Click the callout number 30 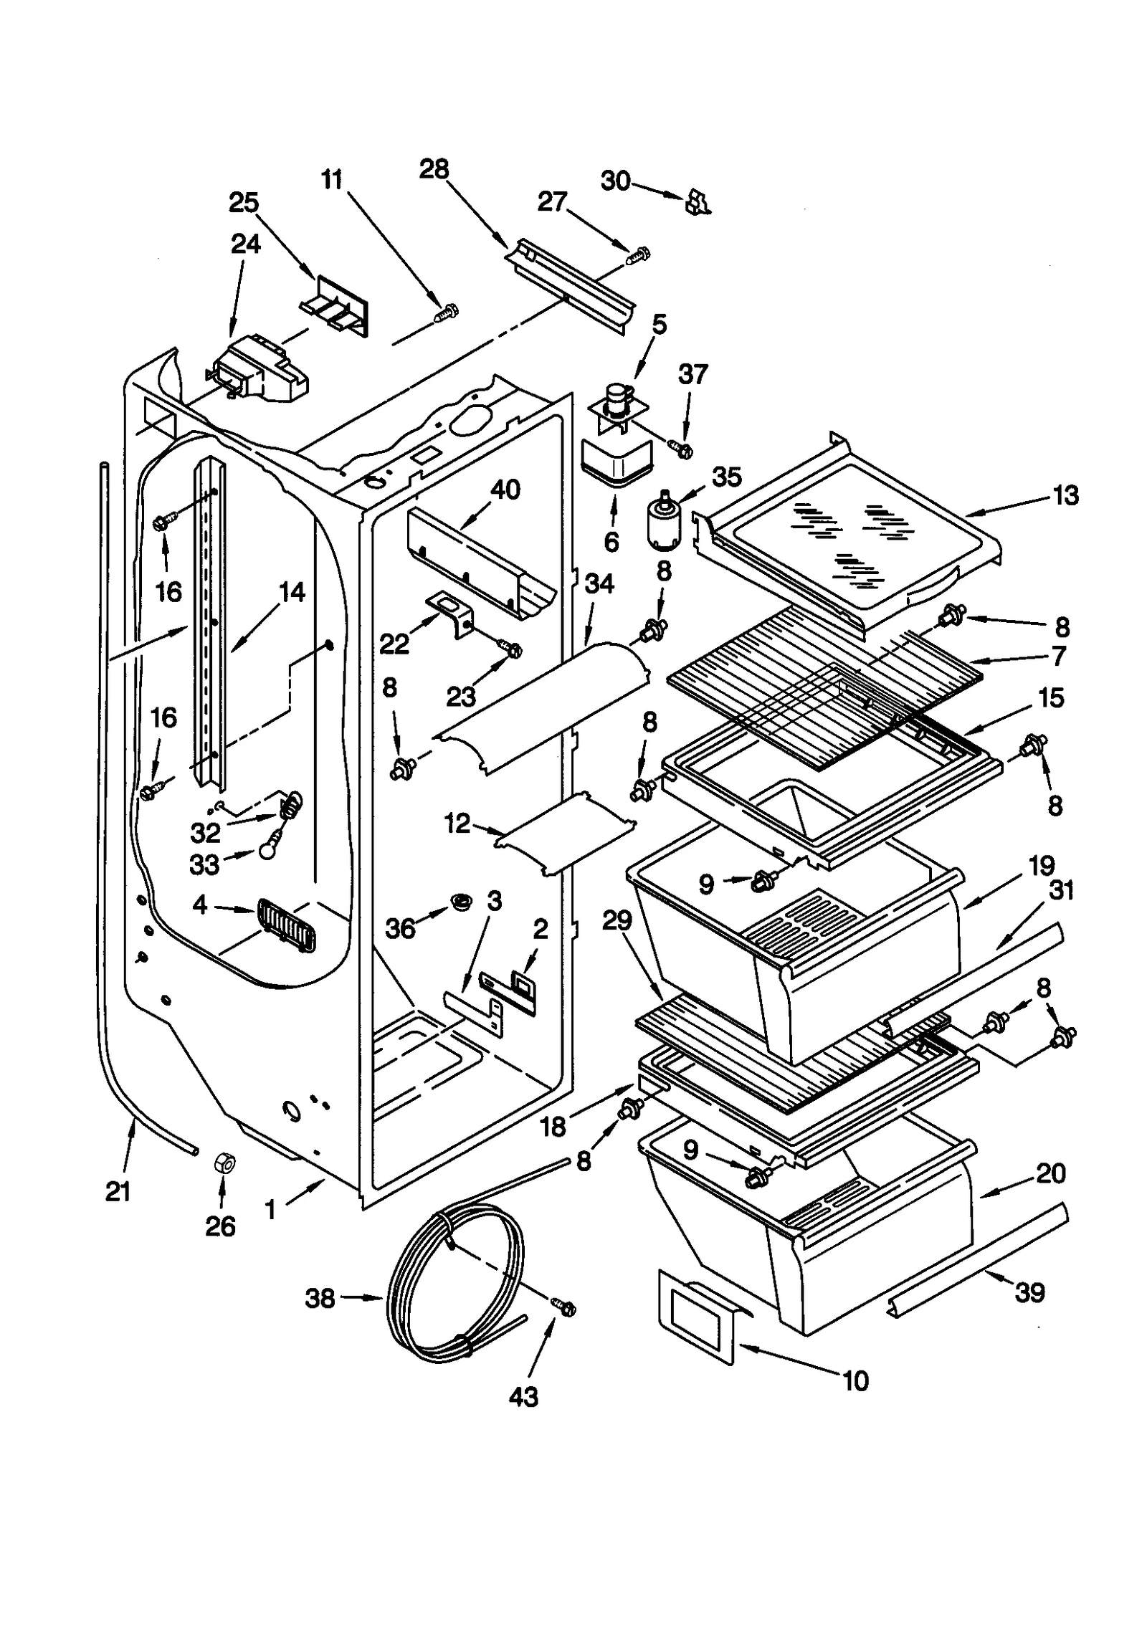click(x=615, y=181)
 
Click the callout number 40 click(x=505, y=490)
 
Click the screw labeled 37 click(x=681, y=449)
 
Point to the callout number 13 click(x=1065, y=495)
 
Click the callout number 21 click(x=118, y=1191)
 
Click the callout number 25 click(x=244, y=203)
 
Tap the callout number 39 click(x=1029, y=1292)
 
